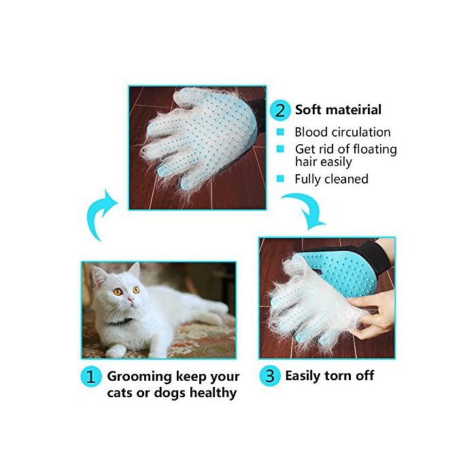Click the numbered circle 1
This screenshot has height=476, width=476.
click(90, 377)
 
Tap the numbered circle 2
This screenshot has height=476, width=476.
click(280, 110)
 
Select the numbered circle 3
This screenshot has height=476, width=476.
click(269, 376)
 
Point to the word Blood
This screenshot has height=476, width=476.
click(311, 132)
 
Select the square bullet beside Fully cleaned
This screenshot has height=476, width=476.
click(280, 178)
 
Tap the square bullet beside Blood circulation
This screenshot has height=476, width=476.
click(280, 132)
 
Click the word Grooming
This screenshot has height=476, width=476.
click(139, 377)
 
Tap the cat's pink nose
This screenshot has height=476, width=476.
click(131, 301)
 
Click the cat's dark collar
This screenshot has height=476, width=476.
click(120, 322)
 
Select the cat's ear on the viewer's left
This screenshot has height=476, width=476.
click(99, 276)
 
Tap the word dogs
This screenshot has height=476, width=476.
click(169, 393)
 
